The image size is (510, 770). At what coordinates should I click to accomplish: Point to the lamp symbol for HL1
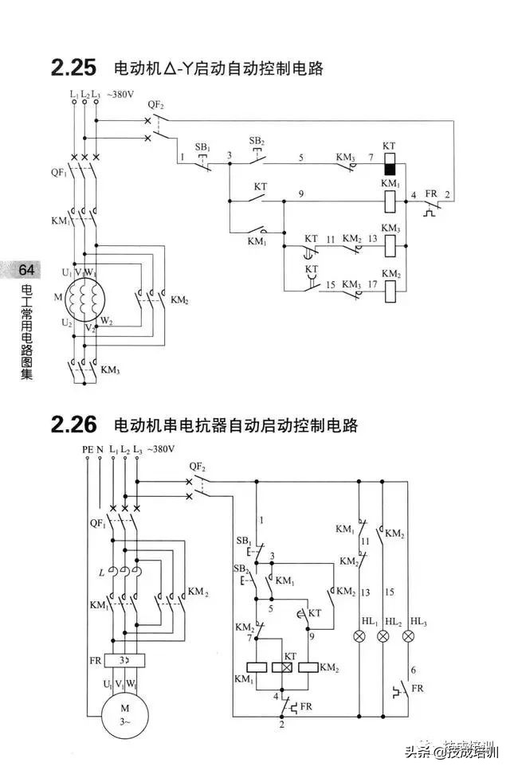point(359,635)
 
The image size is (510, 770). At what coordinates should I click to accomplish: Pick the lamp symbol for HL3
point(409,635)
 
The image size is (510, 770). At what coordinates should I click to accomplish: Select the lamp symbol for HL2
point(383,635)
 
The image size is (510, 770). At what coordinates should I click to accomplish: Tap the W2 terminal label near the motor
point(105,321)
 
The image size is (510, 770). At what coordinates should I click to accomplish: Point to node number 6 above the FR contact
point(413,670)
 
